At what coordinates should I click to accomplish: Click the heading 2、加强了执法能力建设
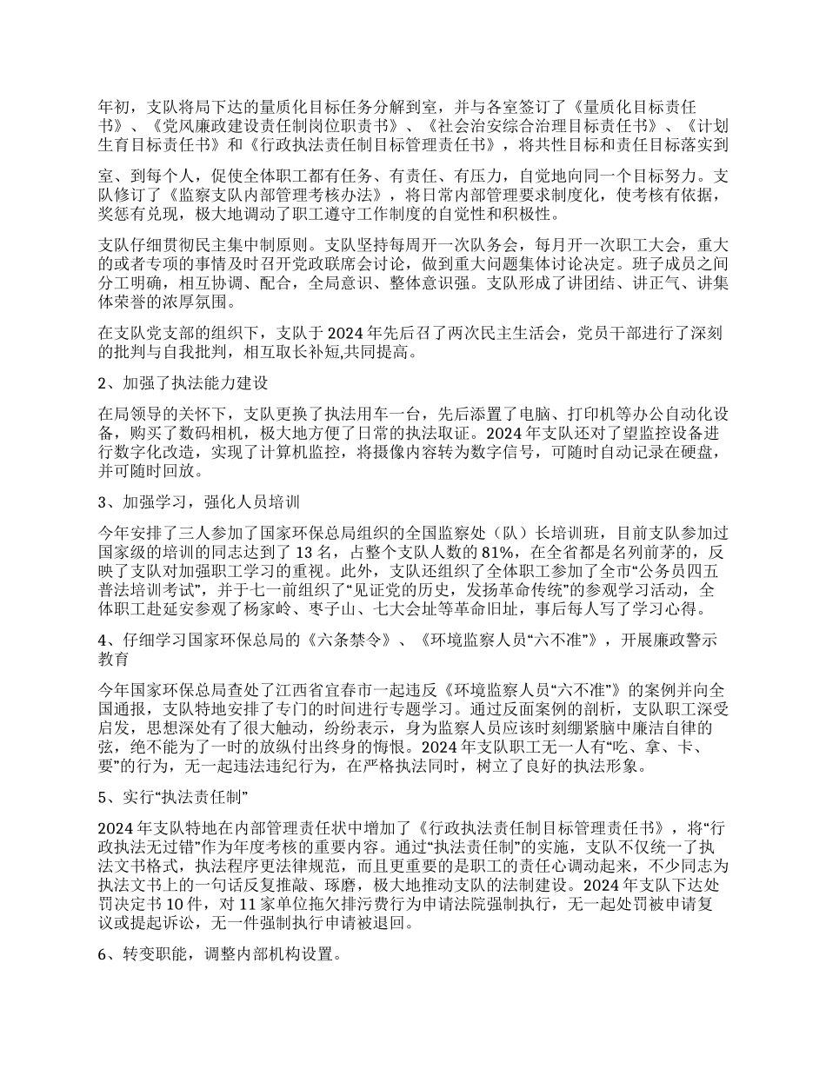184,384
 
